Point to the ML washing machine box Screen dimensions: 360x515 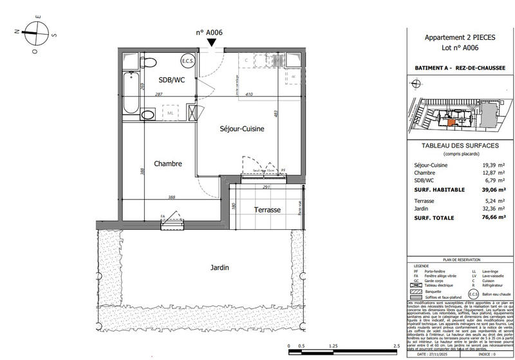click(x=171, y=113)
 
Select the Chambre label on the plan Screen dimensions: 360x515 click(x=167, y=164)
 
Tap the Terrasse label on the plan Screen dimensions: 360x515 click(x=267, y=210)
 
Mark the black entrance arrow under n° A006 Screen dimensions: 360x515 click(x=212, y=42)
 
